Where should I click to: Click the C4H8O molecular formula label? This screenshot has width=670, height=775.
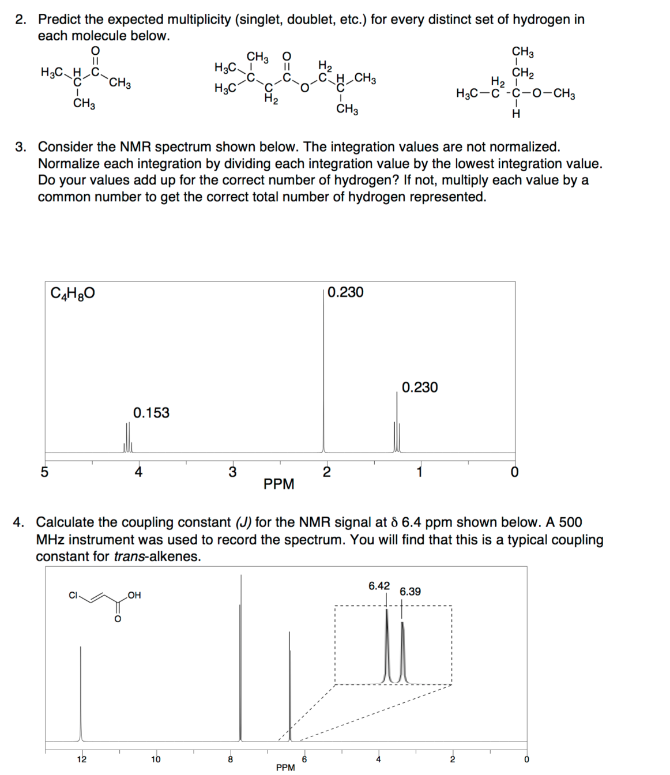(x=73, y=294)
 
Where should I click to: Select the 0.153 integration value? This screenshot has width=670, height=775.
(x=151, y=413)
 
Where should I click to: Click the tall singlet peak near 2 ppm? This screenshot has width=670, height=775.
(x=323, y=375)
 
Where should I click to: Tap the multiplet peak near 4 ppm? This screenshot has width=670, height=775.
(x=127, y=438)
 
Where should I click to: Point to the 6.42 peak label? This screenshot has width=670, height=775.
(x=379, y=586)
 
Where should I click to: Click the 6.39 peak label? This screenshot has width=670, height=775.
(x=410, y=592)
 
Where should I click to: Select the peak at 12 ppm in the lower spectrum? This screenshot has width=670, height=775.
(x=81, y=692)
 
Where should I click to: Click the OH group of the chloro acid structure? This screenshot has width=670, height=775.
(x=134, y=595)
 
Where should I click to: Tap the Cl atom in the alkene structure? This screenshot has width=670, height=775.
(x=73, y=595)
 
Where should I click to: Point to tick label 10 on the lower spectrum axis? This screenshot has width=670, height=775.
(x=156, y=759)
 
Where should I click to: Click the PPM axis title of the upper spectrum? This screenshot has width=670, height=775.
(x=278, y=484)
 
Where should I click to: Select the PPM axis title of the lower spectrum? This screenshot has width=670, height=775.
(x=285, y=768)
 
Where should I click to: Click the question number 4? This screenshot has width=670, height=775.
(x=19, y=522)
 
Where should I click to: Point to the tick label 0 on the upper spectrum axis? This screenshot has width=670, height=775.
(x=514, y=472)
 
